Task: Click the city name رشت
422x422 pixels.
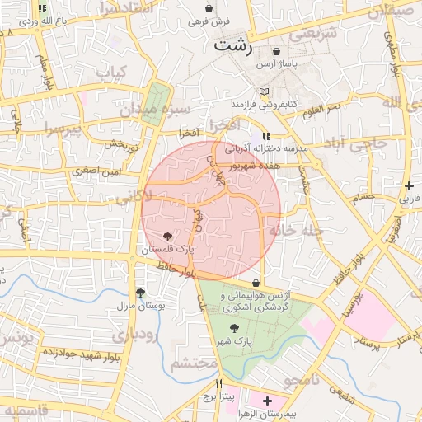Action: tap(234, 45)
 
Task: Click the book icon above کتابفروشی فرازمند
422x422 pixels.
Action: tap(263, 91)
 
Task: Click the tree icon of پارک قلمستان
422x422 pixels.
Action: tap(169, 237)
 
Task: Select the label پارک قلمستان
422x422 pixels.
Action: tap(168, 248)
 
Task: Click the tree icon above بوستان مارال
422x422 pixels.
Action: tap(140, 293)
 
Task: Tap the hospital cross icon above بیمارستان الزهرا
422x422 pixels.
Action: tap(267, 400)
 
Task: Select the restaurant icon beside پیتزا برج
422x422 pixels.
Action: tap(218, 383)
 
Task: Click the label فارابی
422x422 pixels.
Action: tap(410, 199)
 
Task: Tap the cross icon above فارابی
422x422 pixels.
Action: tap(410, 186)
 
